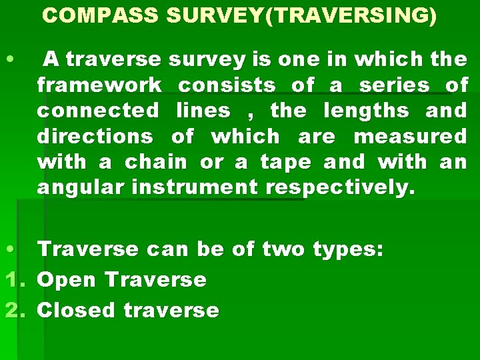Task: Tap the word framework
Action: pyautogui.click(x=99, y=86)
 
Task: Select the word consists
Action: pyautogui.click(x=227, y=86)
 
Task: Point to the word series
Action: pyautogui.click(x=393, y=86)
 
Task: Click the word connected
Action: pyautogui.click(x=98, y=111)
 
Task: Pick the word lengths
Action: pyautogui.click(x=369, y=111)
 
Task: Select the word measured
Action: pyautogui.click(x=411, y=137)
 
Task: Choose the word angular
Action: pyautogui.click(x=81, y=187)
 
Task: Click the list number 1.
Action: pyautogui.click(x=11, y=279)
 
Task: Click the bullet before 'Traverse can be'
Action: pyautogui.click(x=9, y=250)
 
